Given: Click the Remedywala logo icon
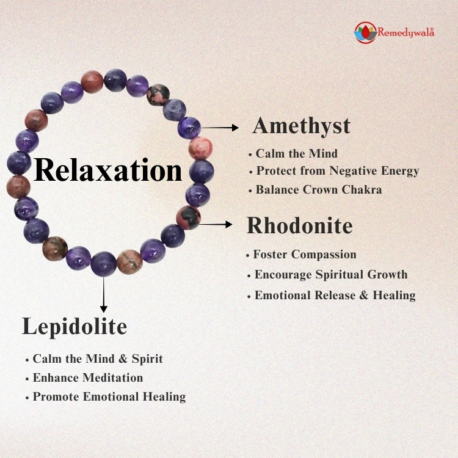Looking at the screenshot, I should click(365, 32).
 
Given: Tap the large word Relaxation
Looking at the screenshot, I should click(108, 170).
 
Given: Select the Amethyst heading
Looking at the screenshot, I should click(302, 126).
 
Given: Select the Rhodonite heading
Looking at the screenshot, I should click(299, 226).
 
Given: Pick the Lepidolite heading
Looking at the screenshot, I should click(75, 326).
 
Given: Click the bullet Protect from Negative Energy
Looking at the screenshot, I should click(337, 171).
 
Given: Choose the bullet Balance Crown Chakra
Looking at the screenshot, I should click(319, 190).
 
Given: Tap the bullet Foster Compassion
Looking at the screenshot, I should click(304, 255).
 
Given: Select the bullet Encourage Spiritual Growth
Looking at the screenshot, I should click(330, 275).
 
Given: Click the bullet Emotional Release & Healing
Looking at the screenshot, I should click(335, 296).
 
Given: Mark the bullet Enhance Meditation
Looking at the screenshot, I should click(87, 378).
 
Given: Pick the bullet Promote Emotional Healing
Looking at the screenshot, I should click(109, 397).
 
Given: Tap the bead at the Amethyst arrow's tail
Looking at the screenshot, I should click(189, 127).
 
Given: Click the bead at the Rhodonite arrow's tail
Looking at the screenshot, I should click(188, 217).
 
